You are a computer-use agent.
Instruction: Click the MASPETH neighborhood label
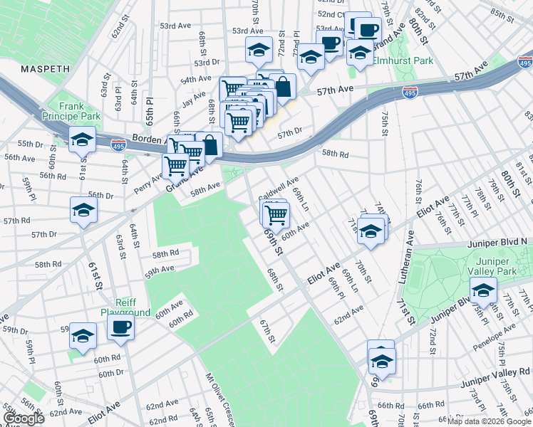pos(45,69)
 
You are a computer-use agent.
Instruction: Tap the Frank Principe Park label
pos(81,110)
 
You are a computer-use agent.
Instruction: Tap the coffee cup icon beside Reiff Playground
pos(120,327)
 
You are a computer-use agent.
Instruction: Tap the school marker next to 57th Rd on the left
pos(83,210)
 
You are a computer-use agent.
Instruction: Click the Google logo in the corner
pos(24,418)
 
